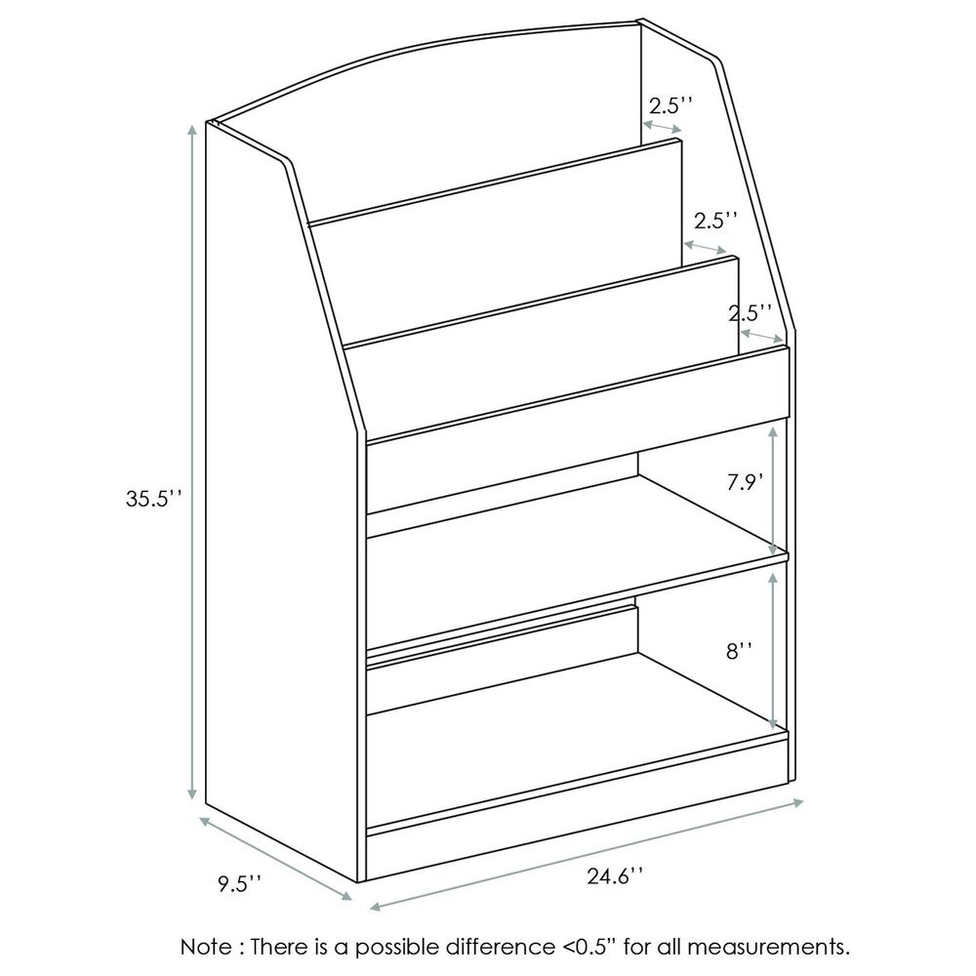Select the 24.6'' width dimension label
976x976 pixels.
pyautogui.click(x=615, y=875)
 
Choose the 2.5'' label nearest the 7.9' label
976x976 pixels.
pyautogui.click(x=751, y=312)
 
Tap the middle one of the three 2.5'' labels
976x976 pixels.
pyautogui.click(x=715, y=220)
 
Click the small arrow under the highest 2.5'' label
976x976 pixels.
pyautogui.click(x=664, y=129)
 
